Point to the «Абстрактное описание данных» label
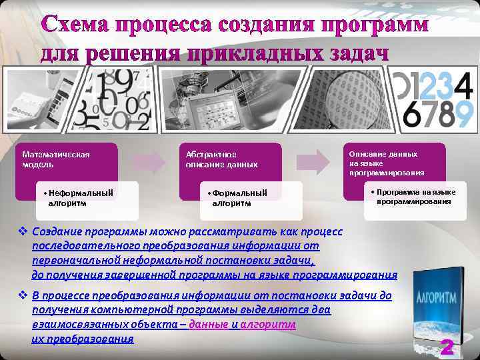(x=221, y=159)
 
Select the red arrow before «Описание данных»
(x=321, y=161)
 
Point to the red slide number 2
(x=447, y=347)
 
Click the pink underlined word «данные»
(x=208, y=324)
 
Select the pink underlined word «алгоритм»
(x=268, y=324)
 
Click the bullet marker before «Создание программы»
(x=23, y=231)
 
